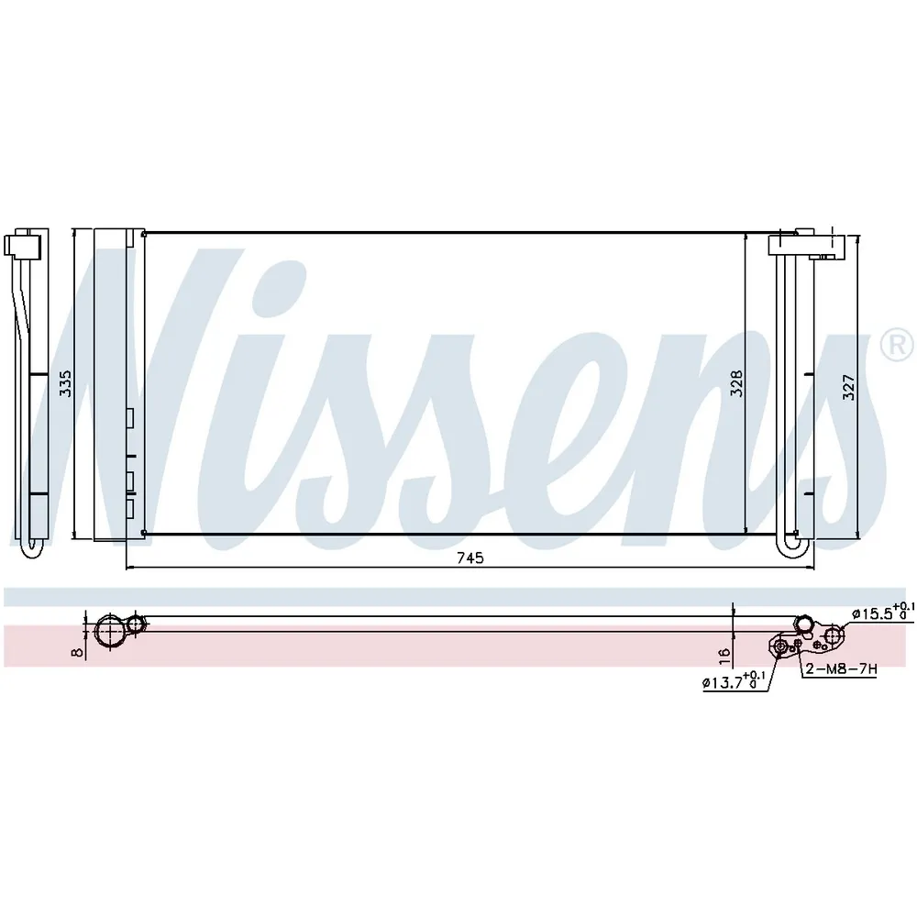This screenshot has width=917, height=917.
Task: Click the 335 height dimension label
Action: pyautogui.click(x=65, y=383)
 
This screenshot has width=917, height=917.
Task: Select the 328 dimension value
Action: pyautogui.click(x=736, y=383)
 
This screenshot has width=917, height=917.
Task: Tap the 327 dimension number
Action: pyautogui.click(x=848, y=387)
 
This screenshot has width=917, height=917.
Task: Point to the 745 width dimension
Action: pyautogui.click(x=470, y=558)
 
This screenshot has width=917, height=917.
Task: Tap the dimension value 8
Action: pyautogui.click(x=78, y=650)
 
